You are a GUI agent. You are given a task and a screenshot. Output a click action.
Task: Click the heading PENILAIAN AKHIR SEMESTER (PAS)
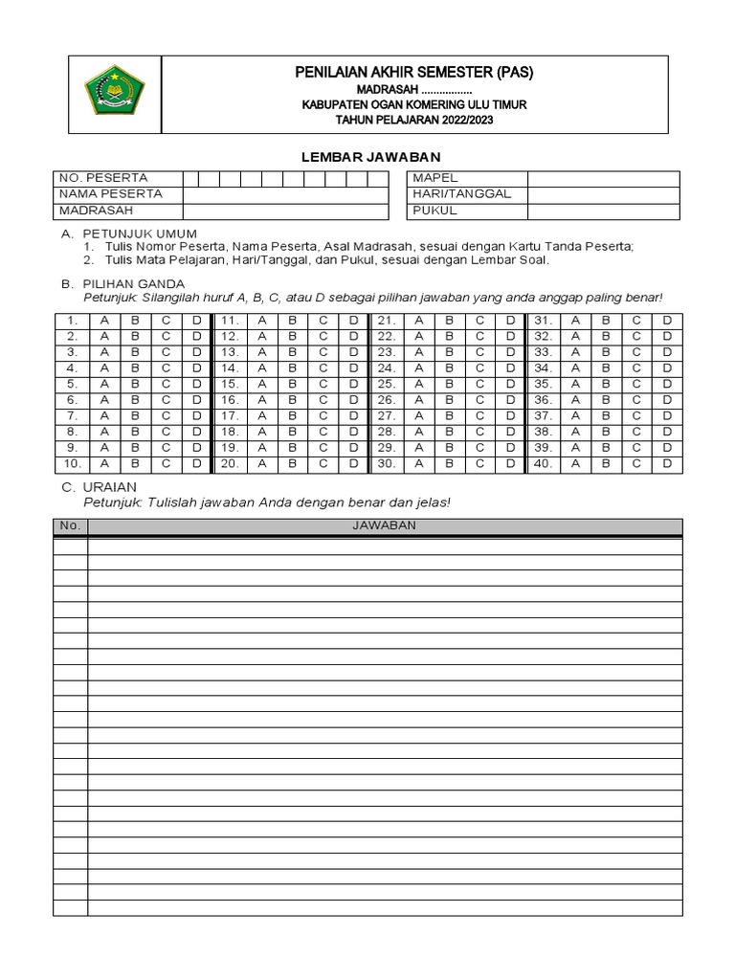413,73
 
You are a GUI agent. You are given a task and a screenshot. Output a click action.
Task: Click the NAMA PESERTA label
110,194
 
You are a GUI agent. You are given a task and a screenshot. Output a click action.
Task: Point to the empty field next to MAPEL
603,178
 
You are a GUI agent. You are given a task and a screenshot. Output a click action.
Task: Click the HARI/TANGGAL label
461,194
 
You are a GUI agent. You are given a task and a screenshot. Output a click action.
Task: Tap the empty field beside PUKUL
603,211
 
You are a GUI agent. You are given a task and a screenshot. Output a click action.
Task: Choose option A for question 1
104,321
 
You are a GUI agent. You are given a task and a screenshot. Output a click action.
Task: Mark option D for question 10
196,464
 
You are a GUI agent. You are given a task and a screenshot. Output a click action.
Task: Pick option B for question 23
449,352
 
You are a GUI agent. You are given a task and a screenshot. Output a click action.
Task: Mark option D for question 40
667,464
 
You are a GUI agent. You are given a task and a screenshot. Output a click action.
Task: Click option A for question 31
575,321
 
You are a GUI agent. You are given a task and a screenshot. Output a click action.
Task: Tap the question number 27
387,416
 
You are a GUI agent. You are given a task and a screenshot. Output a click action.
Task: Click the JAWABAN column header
384,526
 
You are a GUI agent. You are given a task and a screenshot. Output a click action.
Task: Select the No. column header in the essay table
70,526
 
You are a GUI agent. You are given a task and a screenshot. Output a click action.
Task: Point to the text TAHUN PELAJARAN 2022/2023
413,120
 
